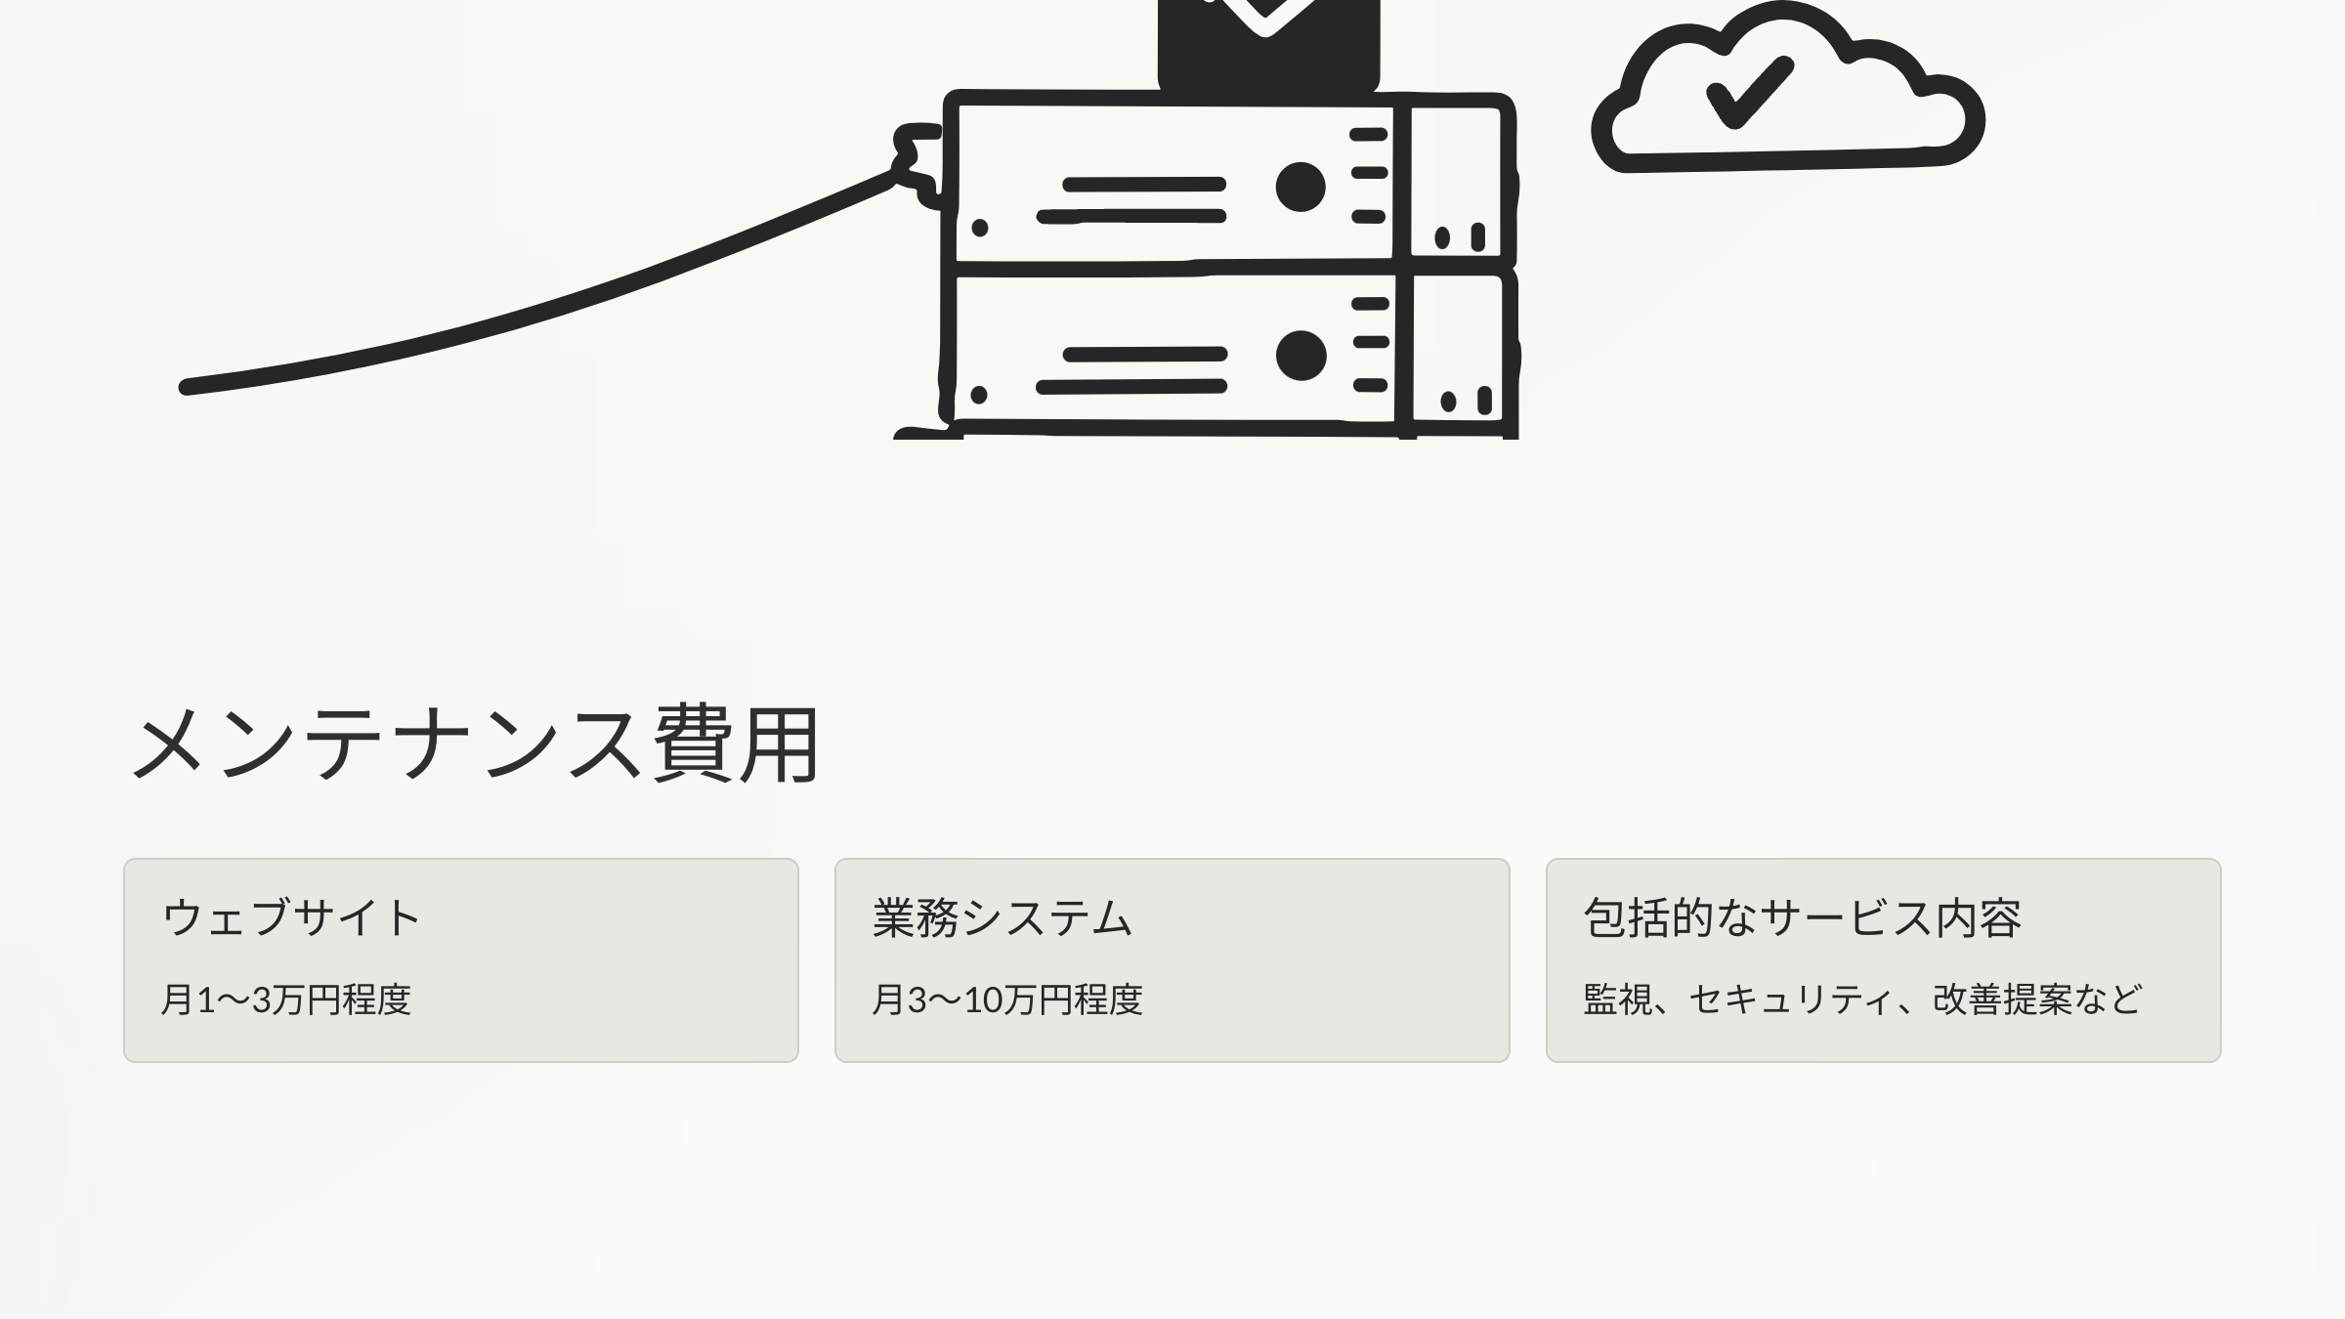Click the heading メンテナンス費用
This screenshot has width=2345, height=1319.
pos(476,745)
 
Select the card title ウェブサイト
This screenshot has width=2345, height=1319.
pos(291,917)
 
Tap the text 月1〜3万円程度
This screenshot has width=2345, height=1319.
pos(285,1000)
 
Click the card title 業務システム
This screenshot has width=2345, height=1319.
pos(1002,917)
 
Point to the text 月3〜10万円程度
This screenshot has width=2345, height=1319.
pos(1006,1000)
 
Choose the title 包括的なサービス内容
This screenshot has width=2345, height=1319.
pos(1802,917)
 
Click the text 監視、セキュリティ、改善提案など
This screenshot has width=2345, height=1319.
pos(1862,1000)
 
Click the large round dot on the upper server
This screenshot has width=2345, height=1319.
pos(1300,187)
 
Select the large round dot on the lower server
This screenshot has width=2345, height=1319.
pos(1300,355)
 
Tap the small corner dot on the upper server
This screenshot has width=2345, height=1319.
pos(980,228)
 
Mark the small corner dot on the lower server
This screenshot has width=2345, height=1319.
pos(979,395)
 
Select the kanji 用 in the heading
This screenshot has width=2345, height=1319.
pos(779,745)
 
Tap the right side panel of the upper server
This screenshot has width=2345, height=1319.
pos(1458,181)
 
